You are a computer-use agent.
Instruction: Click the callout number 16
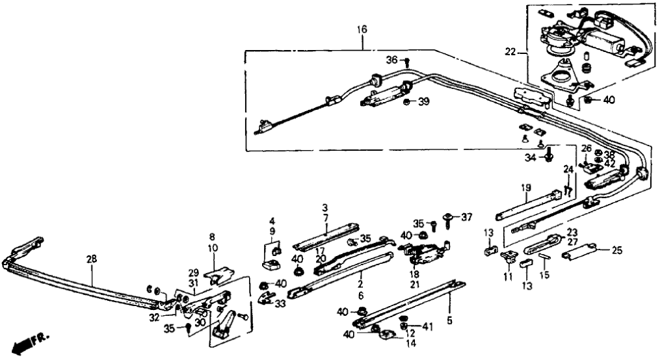coord(362,29)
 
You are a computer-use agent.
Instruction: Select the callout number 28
coord(92,259)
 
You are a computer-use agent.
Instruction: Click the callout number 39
coord(424,101)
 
